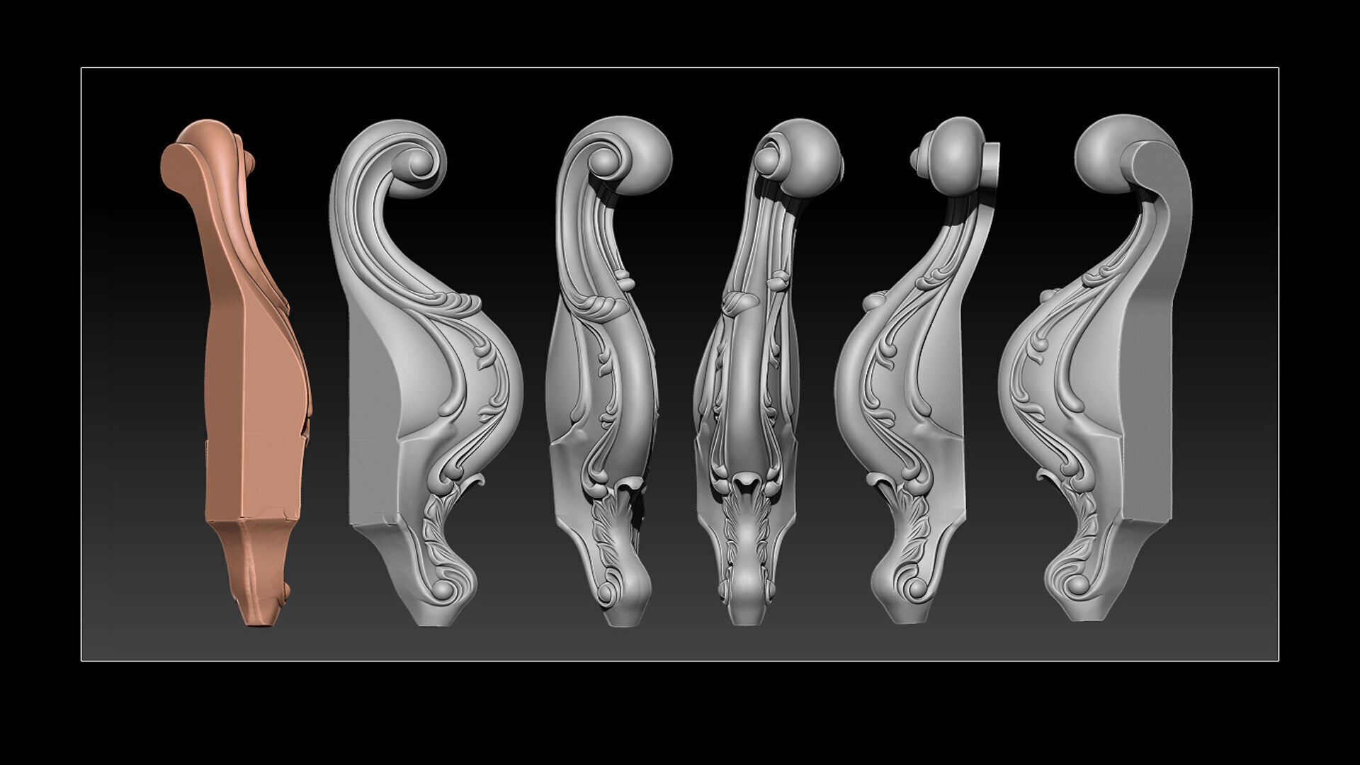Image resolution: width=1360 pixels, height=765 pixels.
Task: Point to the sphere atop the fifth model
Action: point(952,149)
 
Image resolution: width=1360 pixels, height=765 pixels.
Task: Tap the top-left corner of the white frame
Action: point(81,68)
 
